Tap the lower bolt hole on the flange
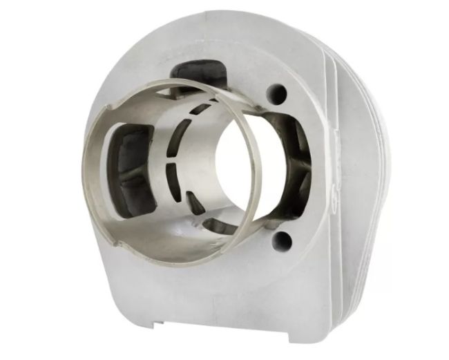click(280, 240)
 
